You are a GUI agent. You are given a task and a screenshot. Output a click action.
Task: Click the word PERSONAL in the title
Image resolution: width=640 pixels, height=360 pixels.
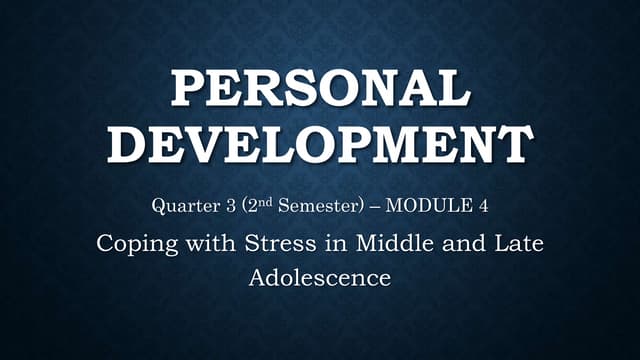point(320,92)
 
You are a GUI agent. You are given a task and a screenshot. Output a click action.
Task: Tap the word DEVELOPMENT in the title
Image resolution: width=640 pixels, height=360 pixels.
point(320,144)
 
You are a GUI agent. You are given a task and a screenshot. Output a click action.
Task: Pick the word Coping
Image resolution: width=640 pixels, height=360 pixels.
point(131,243)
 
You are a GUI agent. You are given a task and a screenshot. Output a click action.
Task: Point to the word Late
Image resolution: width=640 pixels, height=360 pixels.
point(522,243)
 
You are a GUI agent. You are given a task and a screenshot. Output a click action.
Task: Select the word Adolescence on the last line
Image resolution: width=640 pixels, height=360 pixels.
point(320,277)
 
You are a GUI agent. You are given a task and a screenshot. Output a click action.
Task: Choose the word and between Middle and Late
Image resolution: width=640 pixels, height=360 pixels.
point(458,243)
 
